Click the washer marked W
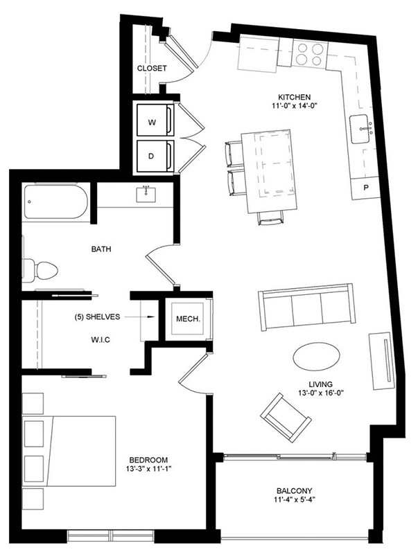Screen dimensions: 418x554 click(x=155, y=120)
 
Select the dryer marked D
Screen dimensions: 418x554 click(x=155, y=157)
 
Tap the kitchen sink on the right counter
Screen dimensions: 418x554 click(x=361, y=129)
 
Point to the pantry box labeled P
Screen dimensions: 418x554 click(x=365, y=188)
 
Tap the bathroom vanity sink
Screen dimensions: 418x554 click(x=146, y=195)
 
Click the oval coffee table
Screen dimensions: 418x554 click(x=317, y=356)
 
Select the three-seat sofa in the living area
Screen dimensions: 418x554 click(x=306, y=307)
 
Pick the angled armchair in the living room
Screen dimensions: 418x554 click(x=286, y=418)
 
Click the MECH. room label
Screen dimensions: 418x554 click(x=188, y=319)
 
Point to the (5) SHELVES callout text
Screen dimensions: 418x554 click(x=97, y=317)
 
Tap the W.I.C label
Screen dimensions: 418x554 click(x=101, y=340)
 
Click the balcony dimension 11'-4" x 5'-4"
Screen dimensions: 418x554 click(x=294, y=499)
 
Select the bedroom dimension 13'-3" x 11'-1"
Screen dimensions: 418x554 click(x=148, y=469)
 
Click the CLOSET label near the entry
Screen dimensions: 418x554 click(x=152, y=68)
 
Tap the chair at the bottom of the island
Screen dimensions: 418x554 click(x=270, y=218)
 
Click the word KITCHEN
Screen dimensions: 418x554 click(x=294, y=97)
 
